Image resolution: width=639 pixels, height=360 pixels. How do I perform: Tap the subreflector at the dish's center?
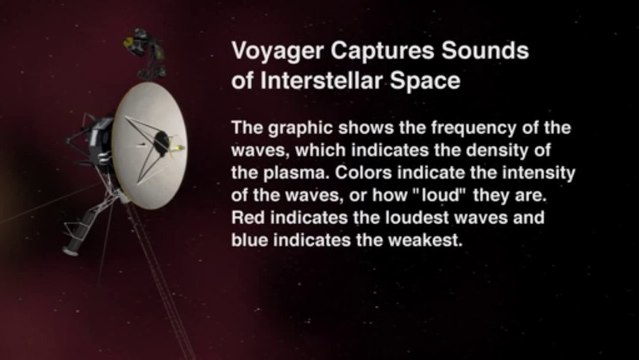pyautogui.click(x=159, y=143)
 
